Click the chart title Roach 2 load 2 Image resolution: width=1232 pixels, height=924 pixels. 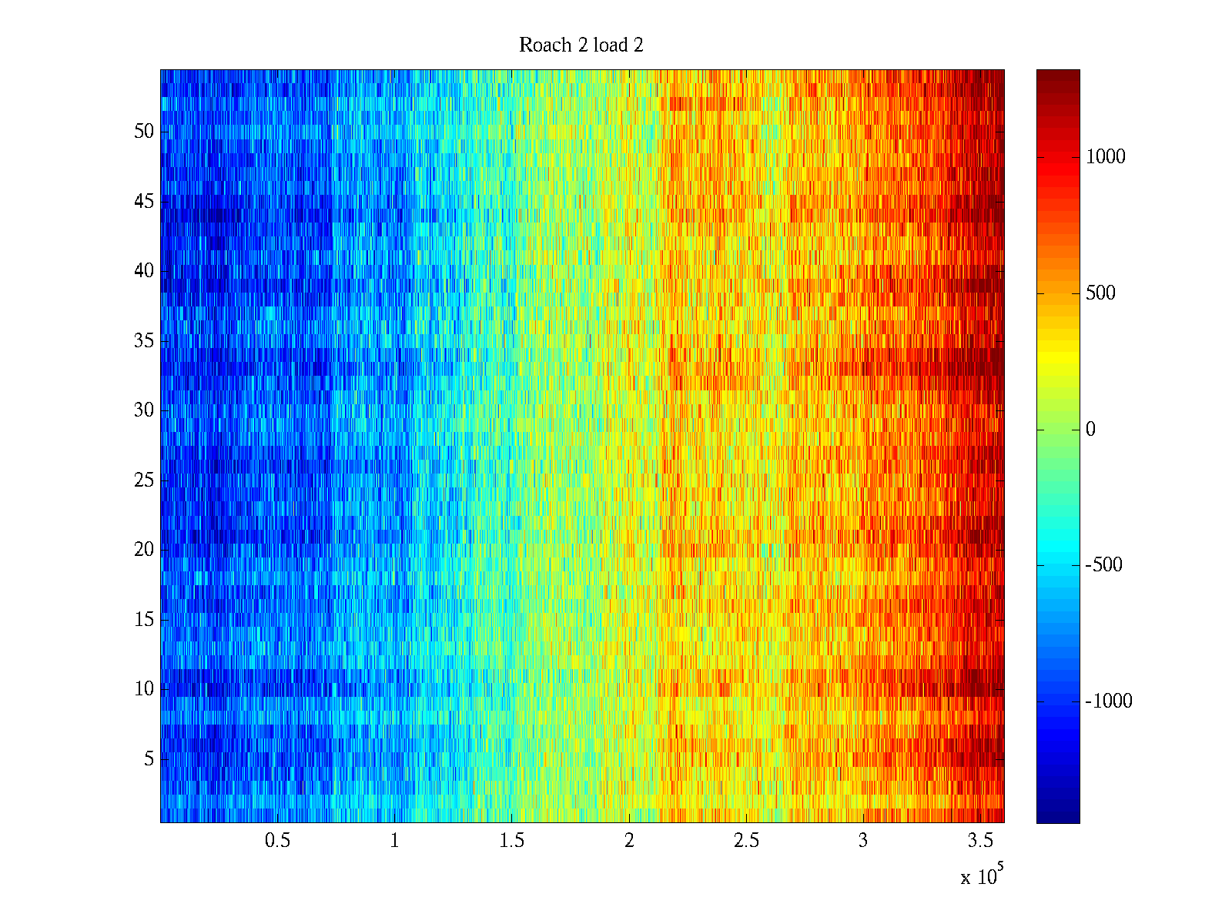(581, 45)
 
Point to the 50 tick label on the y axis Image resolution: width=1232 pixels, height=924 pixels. (144, 132)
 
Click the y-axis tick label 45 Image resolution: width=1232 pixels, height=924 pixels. (144, 202)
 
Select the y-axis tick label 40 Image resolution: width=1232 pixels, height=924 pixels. (144, 271)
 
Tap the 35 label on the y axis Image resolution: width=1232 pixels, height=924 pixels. (144, 341)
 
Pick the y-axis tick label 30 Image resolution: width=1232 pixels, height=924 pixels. (144, 410)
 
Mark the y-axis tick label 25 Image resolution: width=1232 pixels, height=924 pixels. (144, 480)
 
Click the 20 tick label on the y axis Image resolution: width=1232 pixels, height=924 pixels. (144, 550)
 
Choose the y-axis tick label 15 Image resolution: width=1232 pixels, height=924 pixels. (144, 620)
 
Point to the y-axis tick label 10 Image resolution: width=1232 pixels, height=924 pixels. (144, 689)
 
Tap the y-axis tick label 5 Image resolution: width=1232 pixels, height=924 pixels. (149, 759)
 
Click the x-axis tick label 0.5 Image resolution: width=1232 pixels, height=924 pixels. (277, 841)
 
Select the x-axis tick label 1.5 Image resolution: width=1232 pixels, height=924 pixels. (512, 841)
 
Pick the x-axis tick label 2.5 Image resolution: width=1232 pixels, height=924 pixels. (746, 841)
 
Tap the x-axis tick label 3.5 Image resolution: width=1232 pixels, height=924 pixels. (980, 841)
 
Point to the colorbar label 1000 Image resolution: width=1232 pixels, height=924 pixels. (1106, 157)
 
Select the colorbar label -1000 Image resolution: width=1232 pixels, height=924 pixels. (1109, 701)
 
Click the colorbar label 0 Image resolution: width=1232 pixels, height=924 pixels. (1090, 430)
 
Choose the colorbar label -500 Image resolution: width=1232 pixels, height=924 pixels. (1104, 565)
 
